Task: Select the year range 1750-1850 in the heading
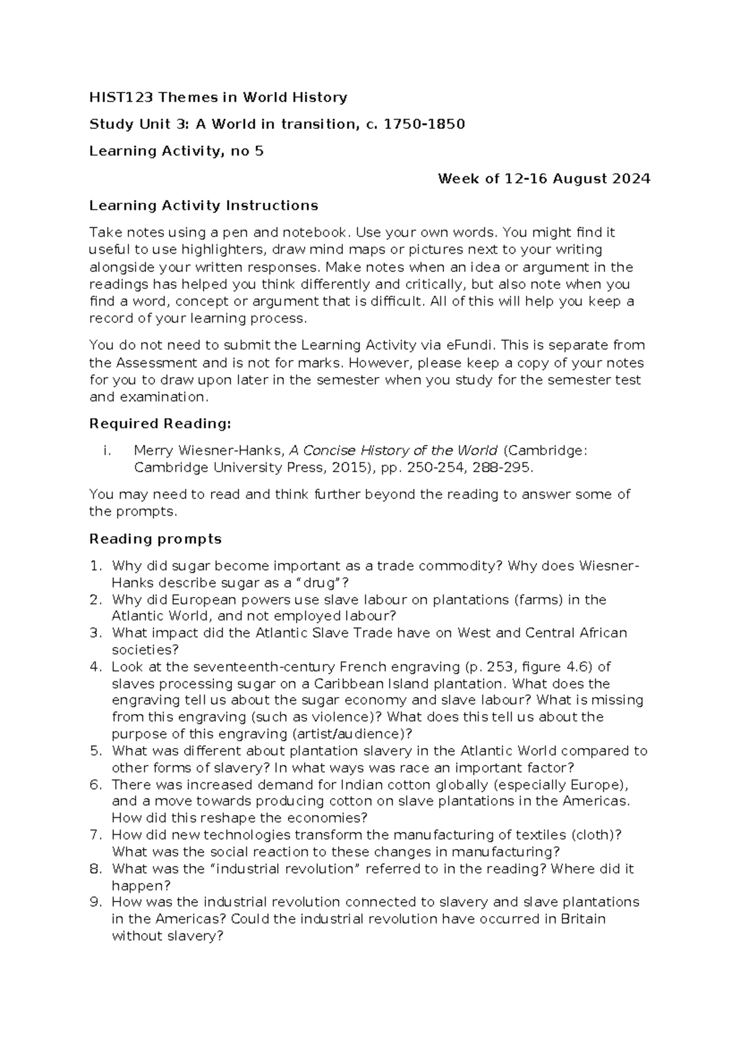[424, 124]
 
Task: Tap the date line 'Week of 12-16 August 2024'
[544, 179]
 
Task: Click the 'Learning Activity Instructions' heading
[203, 205]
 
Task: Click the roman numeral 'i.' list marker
[107, 450]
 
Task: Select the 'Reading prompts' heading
[155, 539]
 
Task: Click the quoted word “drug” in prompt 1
[319, 583]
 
